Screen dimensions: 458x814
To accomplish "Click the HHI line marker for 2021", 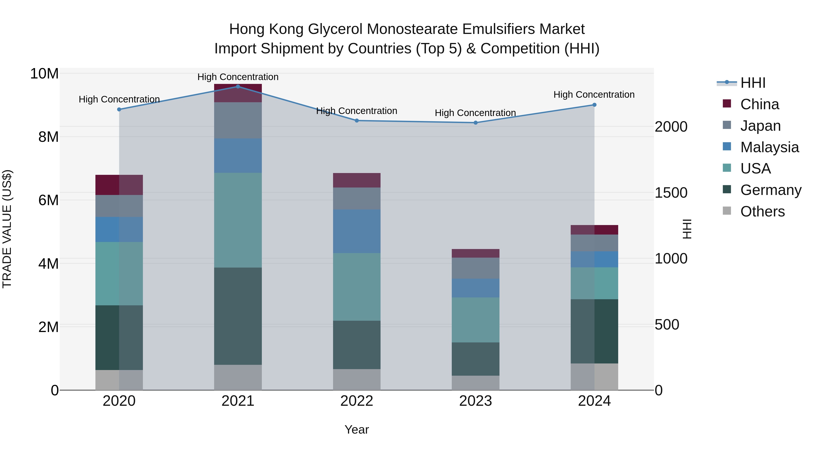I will click(238, 86).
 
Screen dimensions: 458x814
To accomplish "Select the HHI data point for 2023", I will click(476, 123).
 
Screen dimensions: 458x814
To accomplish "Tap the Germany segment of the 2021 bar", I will click(238, 316).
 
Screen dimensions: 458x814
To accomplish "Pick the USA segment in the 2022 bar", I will click(357, 287).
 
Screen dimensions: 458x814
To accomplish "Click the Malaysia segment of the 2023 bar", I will click(476, 288).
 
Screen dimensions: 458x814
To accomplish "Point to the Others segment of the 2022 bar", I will click(357, 379).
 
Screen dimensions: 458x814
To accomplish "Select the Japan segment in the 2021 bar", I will click(238, 120).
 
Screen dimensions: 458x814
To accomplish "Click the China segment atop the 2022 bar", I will click(357, 180).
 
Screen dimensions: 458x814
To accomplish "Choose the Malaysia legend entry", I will click(769, 147).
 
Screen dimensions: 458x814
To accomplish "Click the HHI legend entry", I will click(752, 83).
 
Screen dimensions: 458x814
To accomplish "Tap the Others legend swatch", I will click(727, 211).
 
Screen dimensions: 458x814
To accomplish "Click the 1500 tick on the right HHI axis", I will click(671, 193).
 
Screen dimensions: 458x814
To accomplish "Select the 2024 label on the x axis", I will click(594, 401).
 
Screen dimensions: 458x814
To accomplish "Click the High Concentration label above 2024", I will click(594, 95).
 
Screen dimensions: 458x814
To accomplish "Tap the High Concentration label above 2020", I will click(119, 99).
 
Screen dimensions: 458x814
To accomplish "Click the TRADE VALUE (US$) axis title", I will click(7, 229).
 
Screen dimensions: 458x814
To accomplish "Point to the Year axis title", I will click(357, 430).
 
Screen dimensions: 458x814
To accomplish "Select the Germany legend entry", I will click(770, 190).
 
